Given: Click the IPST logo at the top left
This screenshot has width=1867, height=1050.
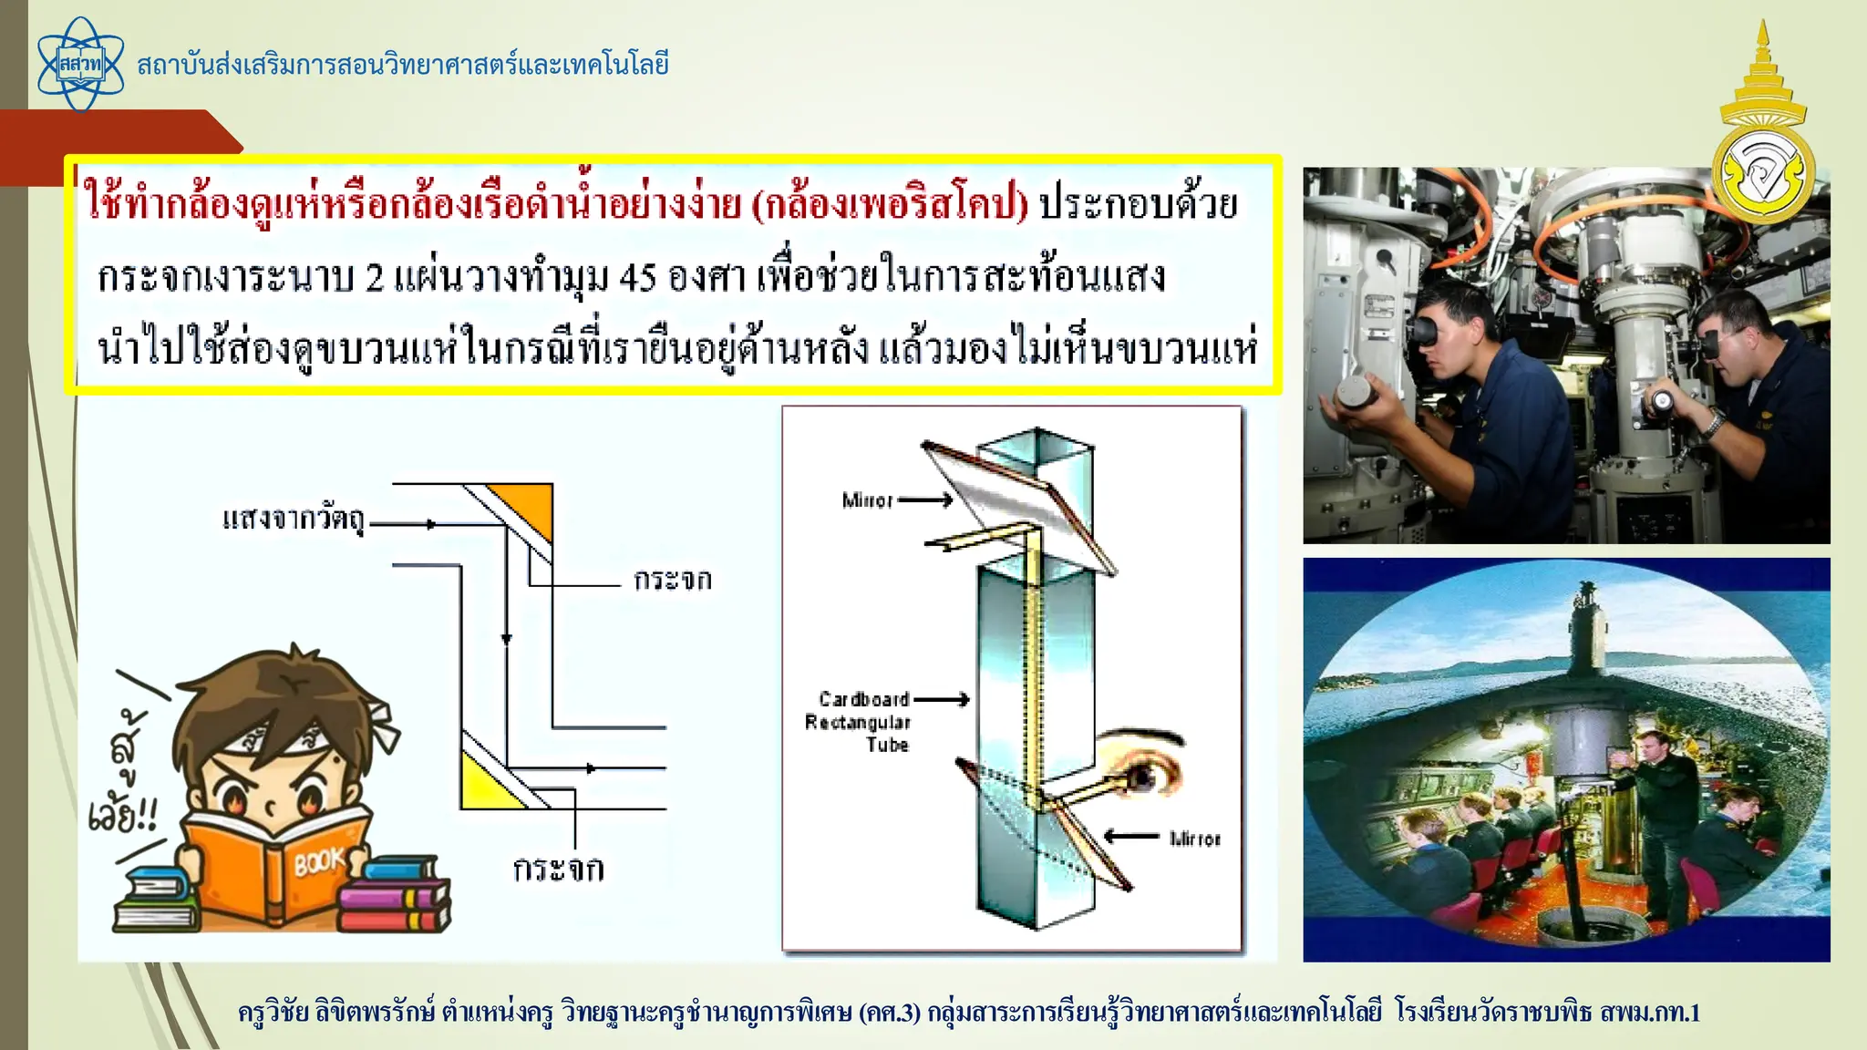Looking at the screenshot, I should coord(80,64).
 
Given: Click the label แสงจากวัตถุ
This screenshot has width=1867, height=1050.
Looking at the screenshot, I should coord(293,520).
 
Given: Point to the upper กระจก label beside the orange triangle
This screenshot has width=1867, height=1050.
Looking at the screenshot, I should coord(673,580).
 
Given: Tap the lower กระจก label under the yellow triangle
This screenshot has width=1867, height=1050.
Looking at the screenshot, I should coord(558,869).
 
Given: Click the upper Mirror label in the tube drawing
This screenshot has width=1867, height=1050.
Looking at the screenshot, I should coord(867,500).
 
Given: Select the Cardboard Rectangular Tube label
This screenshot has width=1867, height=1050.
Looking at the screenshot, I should coord(858,722).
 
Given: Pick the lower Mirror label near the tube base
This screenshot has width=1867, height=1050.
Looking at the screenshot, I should coord(1194,839).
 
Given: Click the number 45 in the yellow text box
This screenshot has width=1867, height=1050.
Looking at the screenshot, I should coord(637,276).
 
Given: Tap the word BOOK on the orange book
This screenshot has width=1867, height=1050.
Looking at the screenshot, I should coord(319,860).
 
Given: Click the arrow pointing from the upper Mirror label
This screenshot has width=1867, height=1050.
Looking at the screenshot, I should coord(925,499).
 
